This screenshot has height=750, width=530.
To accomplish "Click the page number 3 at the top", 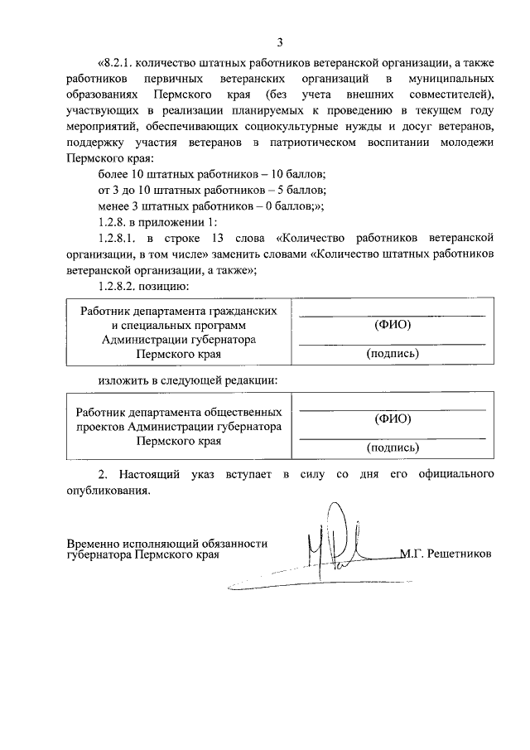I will click(280, 41).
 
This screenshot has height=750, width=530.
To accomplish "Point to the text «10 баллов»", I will click(299, 174).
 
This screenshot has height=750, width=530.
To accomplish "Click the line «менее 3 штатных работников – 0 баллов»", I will click(210, 206).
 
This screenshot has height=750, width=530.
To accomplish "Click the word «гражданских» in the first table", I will click(245, 310).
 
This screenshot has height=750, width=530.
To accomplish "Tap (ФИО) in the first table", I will click(393, 325).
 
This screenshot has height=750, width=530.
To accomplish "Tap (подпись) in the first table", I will click(393, 353).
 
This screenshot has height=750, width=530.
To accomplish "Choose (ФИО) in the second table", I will click(393, 419).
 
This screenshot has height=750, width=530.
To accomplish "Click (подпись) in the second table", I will click(393, 448).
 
